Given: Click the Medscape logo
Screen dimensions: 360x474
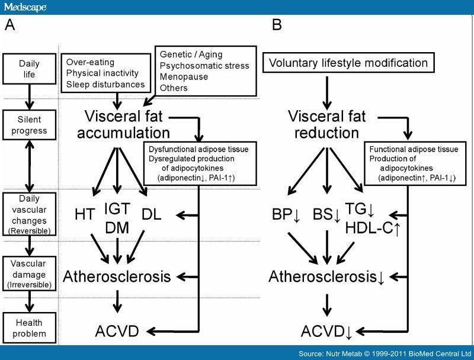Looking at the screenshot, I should [x=25, y=7].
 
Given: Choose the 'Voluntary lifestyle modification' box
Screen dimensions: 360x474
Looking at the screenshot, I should [x=348, y=62].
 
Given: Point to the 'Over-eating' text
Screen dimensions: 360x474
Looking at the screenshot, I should [x=90, y=62].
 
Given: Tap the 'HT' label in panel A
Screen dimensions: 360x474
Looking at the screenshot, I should [x=85, y=215].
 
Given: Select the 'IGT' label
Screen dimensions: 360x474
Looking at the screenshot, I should [x=117, y=208].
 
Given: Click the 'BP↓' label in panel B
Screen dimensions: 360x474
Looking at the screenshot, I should [x=284, y=215].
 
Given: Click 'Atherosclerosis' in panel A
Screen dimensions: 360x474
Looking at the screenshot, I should [x=117, y=276].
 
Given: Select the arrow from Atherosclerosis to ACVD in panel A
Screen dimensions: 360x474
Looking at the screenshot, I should [x=117, y=303].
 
